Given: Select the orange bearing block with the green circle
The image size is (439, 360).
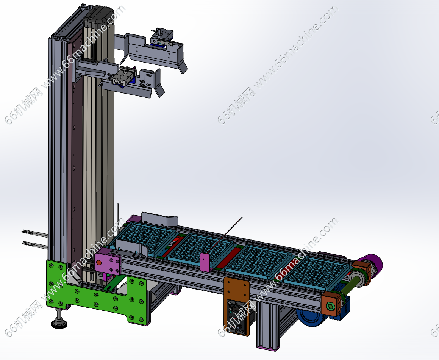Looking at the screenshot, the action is click(331, 305).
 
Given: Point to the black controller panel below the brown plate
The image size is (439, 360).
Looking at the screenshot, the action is click(237, 316).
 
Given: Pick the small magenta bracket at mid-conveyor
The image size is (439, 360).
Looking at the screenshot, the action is click(206, 262).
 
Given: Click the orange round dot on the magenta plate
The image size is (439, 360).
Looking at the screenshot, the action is click(98, 263).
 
